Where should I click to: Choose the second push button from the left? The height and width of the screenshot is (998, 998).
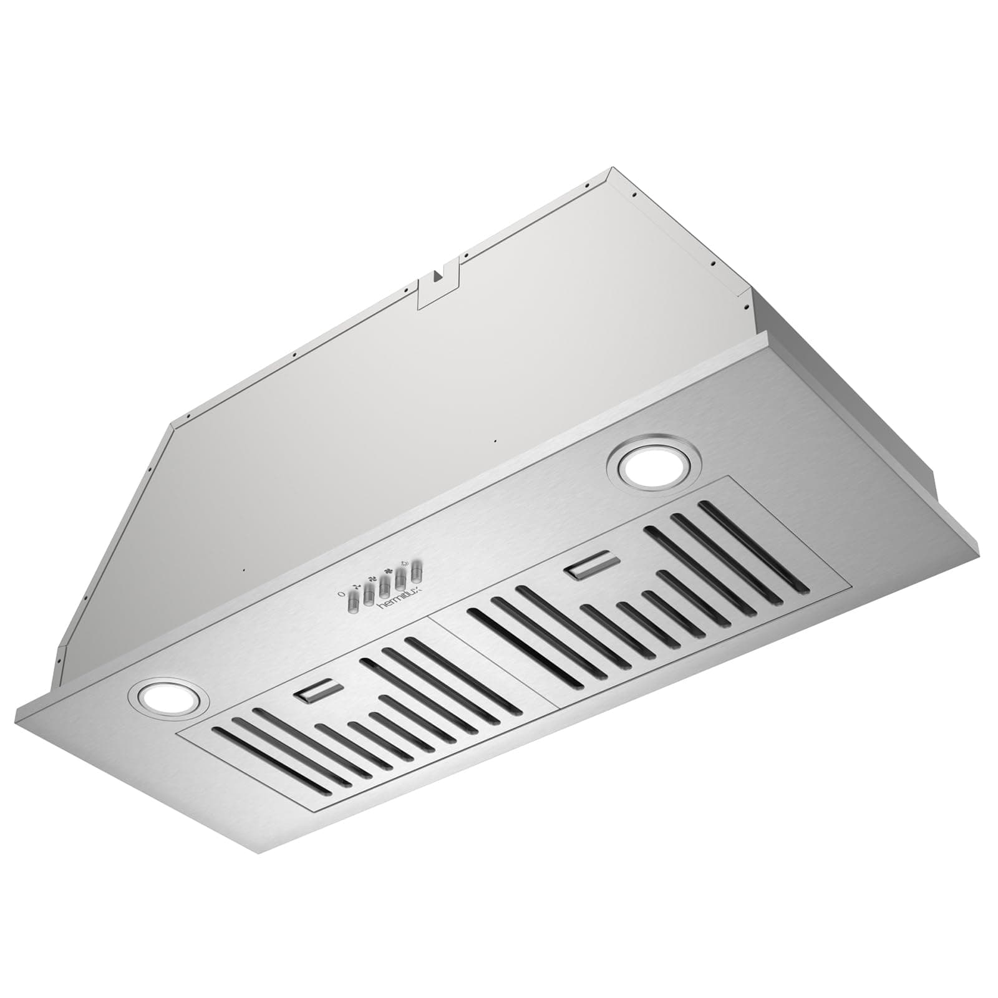tap(370, 593)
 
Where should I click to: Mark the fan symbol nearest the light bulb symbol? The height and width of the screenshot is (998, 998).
tap(391, 569)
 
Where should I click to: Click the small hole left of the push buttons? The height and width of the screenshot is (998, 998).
tap(245, 569)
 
